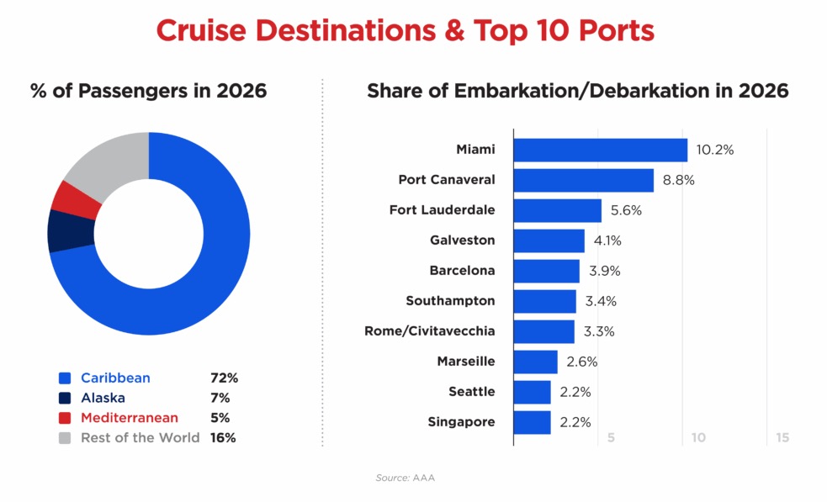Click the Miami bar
tap(600, 150)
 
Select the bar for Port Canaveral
tap(583, 180)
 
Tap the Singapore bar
tap(532, 422)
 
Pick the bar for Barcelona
tap(546, 271)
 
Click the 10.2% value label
tap(715, 151)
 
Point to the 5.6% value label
tap(625, 211)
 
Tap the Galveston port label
tap(462, 240)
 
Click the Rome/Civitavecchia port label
tap(429, 331)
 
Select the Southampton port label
tap(450, 301)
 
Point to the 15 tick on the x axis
tap(782, 438)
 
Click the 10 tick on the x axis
tap(698, 438)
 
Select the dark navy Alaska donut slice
tap(61, 230)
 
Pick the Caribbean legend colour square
tap(65, 378)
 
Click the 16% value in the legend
tap(223, 437)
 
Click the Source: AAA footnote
tap(405, 478)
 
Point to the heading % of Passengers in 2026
tap(148, 91)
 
